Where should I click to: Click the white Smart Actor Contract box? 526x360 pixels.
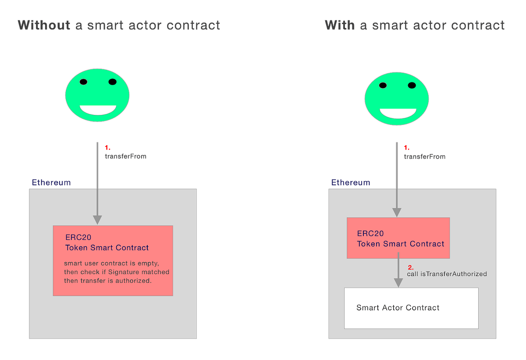(411, 308)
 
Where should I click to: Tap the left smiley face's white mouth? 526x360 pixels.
(98, 110)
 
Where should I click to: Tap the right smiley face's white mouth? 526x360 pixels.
(398, 113)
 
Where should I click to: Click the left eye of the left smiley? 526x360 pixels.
(83, 82)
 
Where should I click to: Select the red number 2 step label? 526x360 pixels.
(410, 267)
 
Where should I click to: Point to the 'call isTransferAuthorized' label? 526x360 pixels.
(447, 274)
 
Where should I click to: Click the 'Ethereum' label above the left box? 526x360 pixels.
(51, 182)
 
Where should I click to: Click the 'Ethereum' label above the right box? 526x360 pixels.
(351, 182)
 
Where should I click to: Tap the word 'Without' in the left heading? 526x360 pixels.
(44, 25)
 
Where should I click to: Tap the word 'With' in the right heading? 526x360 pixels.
(340, 25)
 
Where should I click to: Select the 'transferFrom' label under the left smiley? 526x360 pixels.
(125, 156)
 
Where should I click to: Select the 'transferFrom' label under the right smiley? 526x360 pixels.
(424, 157)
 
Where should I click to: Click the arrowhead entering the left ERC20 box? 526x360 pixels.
(97, 220)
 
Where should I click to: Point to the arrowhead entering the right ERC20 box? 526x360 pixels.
(397, 212)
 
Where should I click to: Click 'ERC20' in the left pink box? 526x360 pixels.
(78, 238)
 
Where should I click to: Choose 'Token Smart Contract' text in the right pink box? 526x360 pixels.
(401, 244)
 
